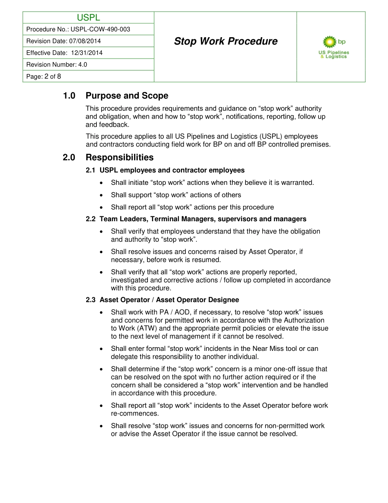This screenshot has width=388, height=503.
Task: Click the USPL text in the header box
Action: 88,18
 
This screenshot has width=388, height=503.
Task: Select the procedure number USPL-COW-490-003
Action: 100,29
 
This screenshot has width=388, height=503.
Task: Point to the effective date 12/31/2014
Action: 87,53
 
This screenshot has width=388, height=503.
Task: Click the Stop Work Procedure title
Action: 225,41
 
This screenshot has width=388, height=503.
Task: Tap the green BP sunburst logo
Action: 329,42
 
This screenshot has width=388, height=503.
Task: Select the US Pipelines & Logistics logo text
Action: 334,55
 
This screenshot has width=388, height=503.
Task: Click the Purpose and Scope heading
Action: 127,96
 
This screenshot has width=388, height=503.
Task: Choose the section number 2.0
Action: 69,157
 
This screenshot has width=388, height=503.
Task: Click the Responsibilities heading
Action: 120,157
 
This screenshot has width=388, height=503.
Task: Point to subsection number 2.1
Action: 90,170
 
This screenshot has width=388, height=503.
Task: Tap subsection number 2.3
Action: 90,300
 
